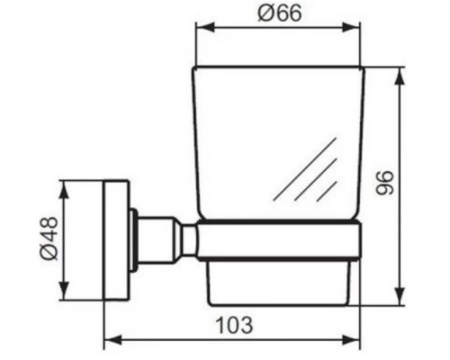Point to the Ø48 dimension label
pyautogui.click(x=48, y=239)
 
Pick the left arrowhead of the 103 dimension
pyautogui.click(x=110, y=340)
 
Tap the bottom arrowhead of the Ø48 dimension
pyautogui.click(x=64, y=293)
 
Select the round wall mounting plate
pyautogui.click(x=115, y=239)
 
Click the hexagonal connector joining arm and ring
pyautogui.click(x=188, y=239)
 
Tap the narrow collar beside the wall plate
pyautogui.click(x=133, y=239)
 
